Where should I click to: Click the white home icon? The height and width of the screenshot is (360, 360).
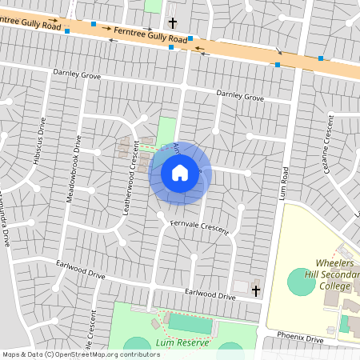[x=180, y=172]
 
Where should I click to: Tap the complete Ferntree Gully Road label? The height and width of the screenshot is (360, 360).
[x=150, y=34]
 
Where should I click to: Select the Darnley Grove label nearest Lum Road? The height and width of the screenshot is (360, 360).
[x=240, y=97]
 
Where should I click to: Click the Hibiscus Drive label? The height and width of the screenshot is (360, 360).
[x=38, y=142]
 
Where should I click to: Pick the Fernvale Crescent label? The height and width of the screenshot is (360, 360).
[x=199, y=227]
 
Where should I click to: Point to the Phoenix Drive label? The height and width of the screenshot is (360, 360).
[x=300, y=337]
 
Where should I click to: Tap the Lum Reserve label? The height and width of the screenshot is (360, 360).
[x=183, y=342]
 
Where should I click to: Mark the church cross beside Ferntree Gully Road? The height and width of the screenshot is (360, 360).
[x=172, y=24]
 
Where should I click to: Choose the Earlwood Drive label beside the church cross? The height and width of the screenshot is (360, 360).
[x=210, y=295]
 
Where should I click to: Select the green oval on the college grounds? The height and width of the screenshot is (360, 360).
[x=302, y=281]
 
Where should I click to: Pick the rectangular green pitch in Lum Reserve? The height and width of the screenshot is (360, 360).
[x=191, y=324]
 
